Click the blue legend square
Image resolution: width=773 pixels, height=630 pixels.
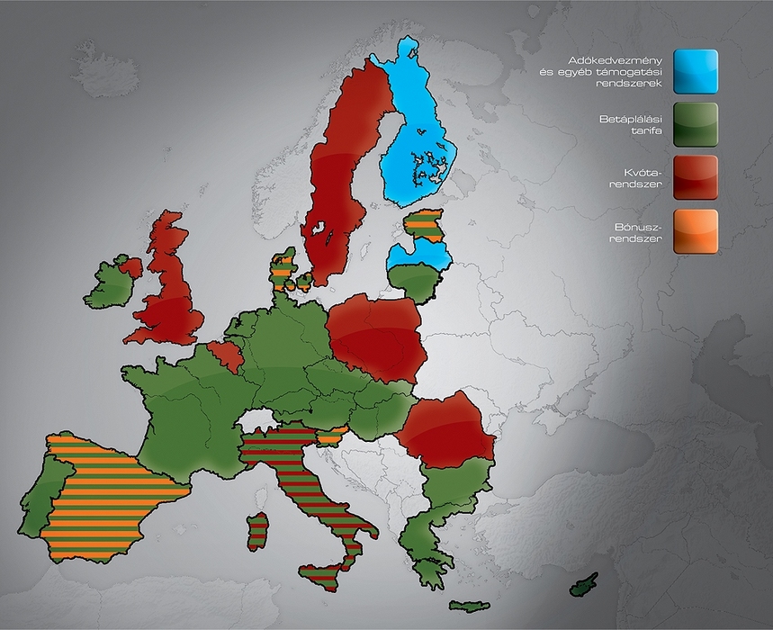click(696, 71)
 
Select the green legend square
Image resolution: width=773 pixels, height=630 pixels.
click(696, 124)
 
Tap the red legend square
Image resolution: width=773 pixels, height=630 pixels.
click(696, 176)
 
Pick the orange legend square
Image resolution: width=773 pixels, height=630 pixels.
click(696, 231)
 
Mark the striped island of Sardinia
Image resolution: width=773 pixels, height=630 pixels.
click(257, 531)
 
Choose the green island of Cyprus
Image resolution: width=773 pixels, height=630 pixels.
click(583, 584)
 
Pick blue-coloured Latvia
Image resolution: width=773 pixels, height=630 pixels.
click(418, 256)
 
